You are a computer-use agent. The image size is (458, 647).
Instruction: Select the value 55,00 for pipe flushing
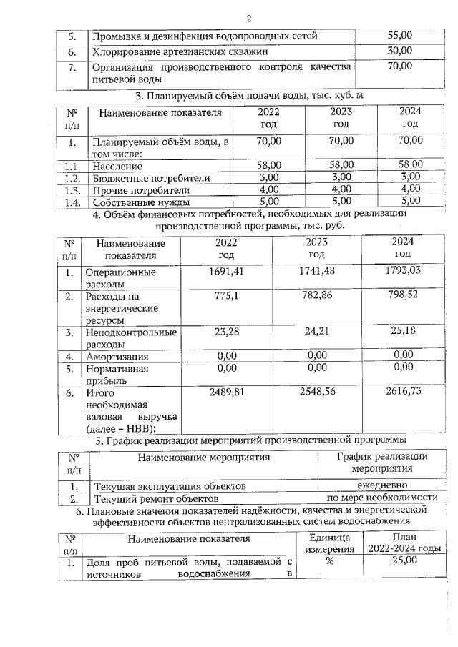pyautogui.click(x=399, y=35)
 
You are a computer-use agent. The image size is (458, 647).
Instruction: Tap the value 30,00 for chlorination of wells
pyautogui.click(x=399, y=51)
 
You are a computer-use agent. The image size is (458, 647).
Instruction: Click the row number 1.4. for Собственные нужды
pyautogui.click(x=70, y=202)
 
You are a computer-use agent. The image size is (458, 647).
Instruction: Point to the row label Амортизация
pyautogui.click(x=117, y=356)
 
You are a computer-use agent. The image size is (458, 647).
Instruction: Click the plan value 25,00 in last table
pyautogui.click(x=404, y=562)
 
